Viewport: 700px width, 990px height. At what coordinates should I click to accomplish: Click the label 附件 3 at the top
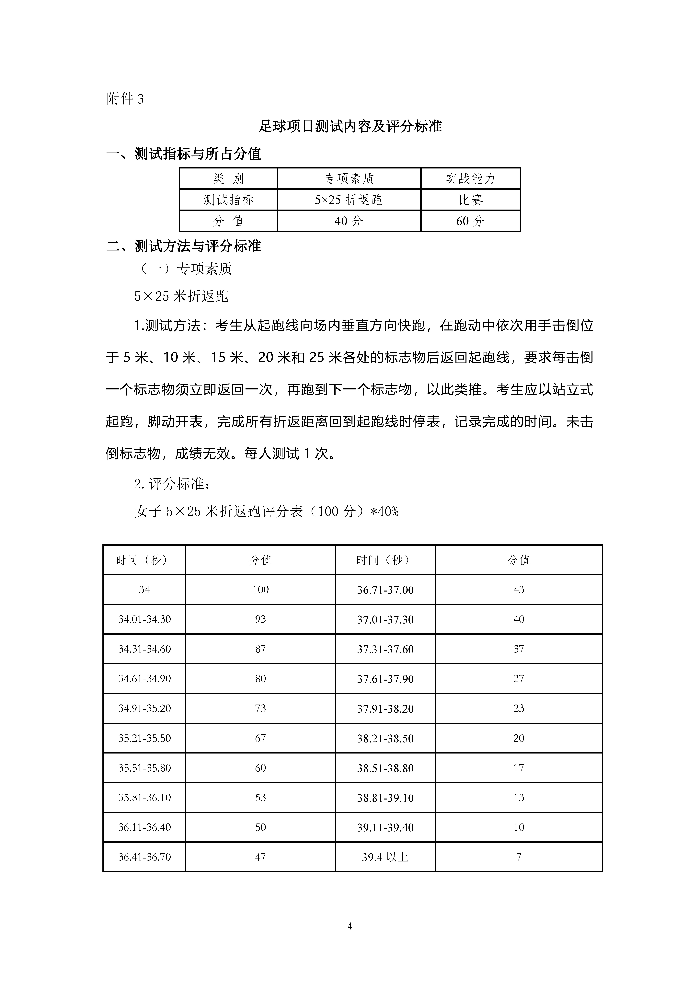pyautogui.click(x=125, y=99)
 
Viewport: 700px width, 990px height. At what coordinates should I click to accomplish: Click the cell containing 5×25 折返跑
pyautogui.click(x=349, y=200)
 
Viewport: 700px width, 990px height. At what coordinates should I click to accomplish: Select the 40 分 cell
pyautogui.click(x=349, y=221)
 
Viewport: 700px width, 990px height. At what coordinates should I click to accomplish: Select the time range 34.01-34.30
pyautogui.click(x=144, y=619)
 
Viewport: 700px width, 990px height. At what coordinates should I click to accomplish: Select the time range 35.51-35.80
pyautogui.click(x=144, y=768)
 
